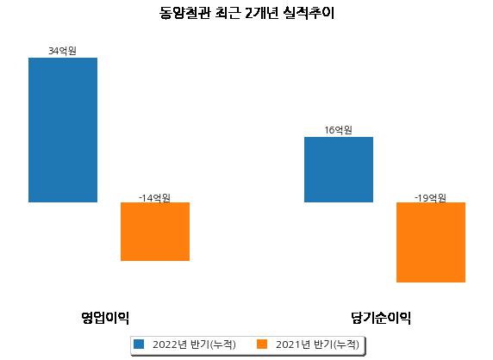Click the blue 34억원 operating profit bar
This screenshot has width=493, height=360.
click(x=63, y=130)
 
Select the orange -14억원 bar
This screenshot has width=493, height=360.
click(x=155, y=232)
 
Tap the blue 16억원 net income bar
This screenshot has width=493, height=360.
click(x=339, y=170)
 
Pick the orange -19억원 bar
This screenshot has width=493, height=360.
click(x=431, y=242)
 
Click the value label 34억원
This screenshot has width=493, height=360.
click(x=62, y=51)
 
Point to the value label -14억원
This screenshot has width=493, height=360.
click(x=154, y=198)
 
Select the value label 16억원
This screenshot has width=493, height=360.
click(x=339, y=130)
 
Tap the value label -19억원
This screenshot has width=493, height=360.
click(x=430, y=198)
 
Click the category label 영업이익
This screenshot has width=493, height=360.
click(x=105, y=318)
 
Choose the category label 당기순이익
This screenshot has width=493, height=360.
click(x=381, y=318)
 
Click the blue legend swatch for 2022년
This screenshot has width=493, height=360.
click(x=139, y=344)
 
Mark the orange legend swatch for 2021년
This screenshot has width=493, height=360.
click(x=262, y=344)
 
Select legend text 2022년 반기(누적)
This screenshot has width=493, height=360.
click(x=194, y=344)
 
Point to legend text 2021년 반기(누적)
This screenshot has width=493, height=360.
click(x=317, y=344)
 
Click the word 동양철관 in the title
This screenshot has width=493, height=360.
click(x=184, y=14)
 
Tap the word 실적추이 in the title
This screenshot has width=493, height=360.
click(x=309, y=14)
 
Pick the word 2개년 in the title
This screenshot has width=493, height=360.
click(x=262, y=14)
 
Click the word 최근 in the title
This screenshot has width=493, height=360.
click(x=228, y=14)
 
